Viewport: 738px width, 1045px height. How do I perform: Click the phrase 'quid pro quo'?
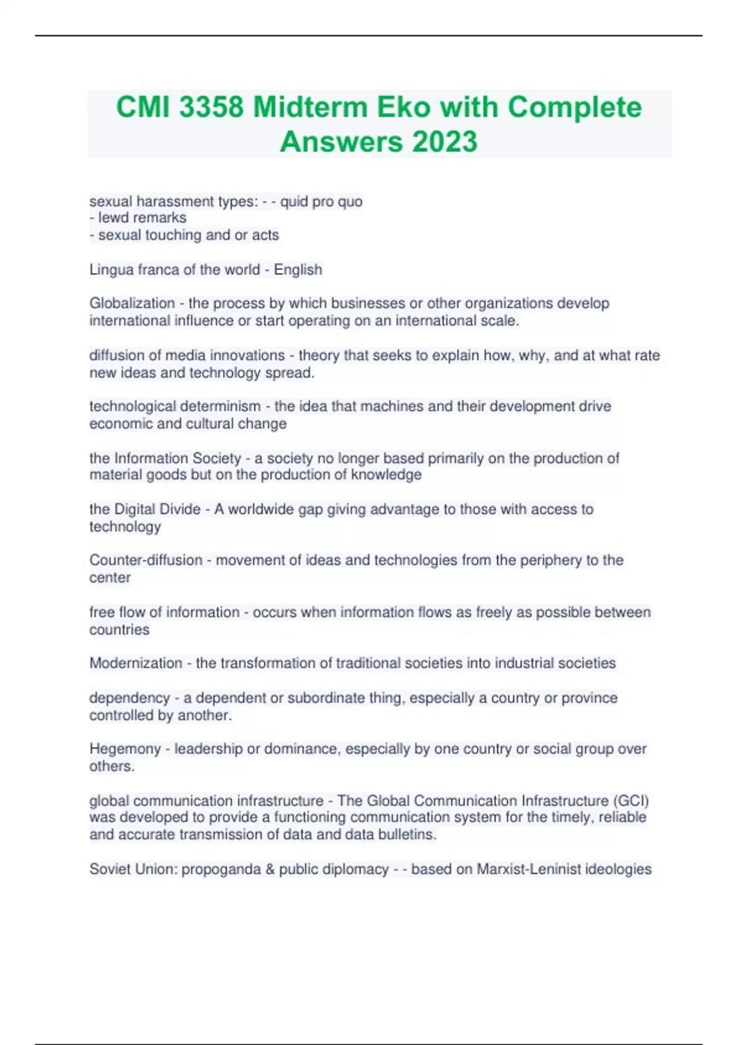tap(321, 202)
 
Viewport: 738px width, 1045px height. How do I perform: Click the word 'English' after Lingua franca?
tap(298, 270)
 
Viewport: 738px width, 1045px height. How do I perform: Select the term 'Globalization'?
tap(132, 303)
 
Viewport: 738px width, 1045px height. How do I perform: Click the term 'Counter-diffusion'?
tap(146, 560)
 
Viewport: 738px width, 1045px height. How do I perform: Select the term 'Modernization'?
tap(136, 663)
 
